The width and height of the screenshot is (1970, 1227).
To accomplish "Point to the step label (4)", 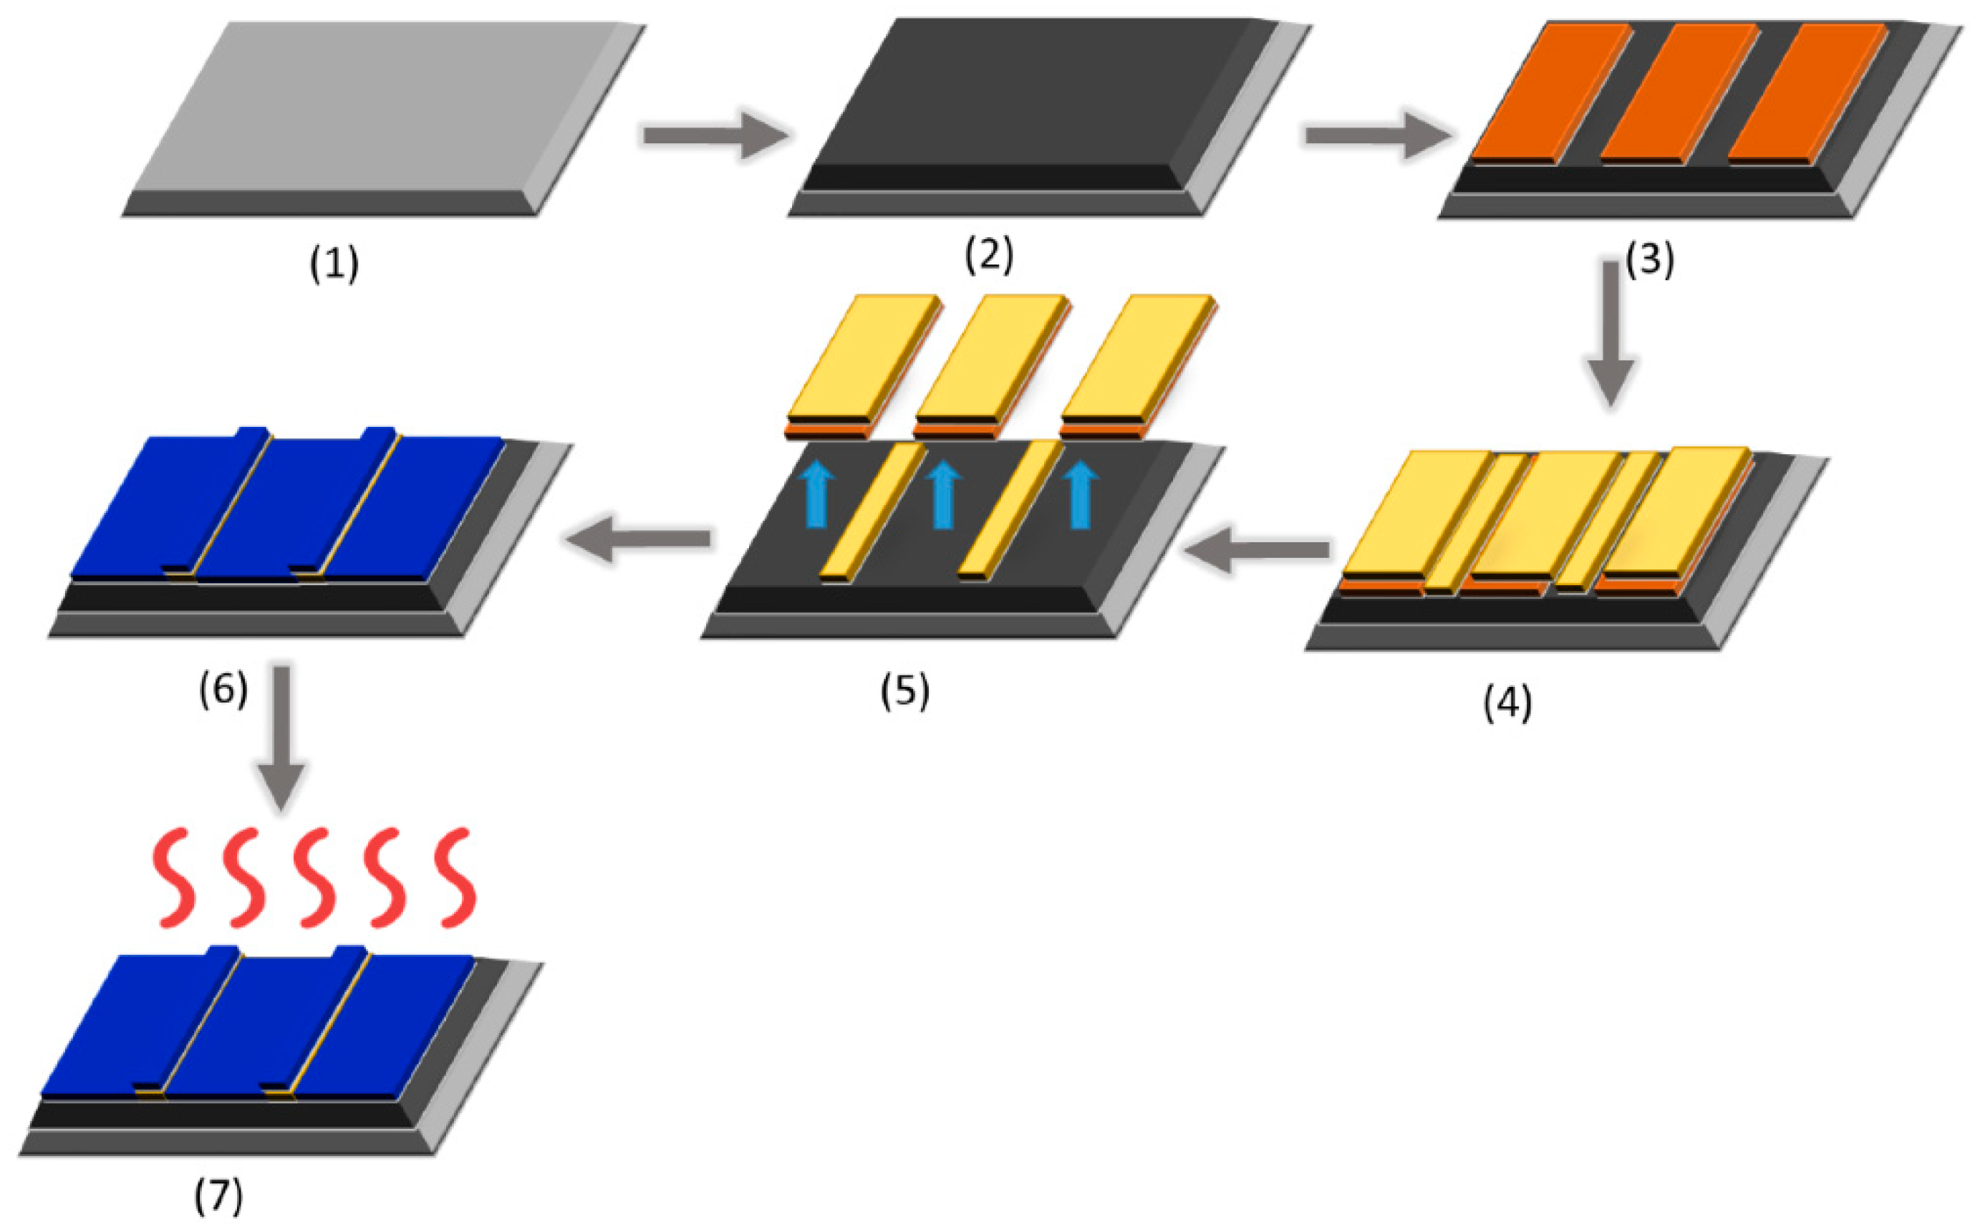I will click(x=1507, y=702).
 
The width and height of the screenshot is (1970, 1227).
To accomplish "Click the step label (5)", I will click(x=905, y=691).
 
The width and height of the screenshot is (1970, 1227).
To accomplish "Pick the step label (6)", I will click(x=223, y=690).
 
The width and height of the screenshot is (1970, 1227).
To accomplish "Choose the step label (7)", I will click(x=218, y=1196).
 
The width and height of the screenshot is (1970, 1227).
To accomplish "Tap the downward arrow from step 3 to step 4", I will click(x=1610, y=333).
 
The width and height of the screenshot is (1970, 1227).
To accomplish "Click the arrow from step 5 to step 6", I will click(x=639, y=538).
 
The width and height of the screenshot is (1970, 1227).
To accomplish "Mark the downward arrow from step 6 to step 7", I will click(x=281, y=735).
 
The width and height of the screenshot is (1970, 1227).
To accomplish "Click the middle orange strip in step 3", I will click(x=1679, y=91).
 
